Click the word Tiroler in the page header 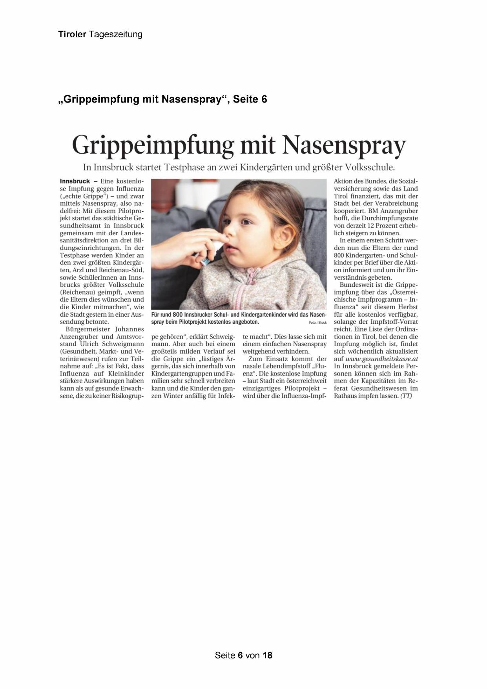[72, 34]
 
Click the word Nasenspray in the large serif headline [344, 145]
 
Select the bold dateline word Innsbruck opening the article [75, 181]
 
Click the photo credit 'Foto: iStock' [318, 323]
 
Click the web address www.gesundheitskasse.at [382, 359]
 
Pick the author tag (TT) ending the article [406, 396]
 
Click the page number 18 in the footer [267, 655]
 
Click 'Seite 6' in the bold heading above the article [250, 99]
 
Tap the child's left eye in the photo [246, 222]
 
